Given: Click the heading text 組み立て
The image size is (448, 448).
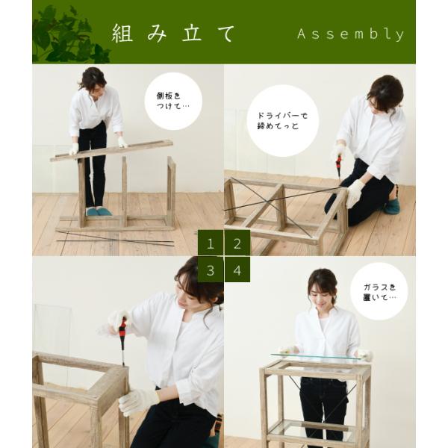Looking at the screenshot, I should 173,34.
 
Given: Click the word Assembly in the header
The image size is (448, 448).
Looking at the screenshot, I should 350,34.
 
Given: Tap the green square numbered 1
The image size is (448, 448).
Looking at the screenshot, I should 211,243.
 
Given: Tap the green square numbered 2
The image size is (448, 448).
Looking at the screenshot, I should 237,243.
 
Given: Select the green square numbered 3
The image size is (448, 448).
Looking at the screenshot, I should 211,270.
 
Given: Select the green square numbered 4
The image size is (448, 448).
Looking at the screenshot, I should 237,270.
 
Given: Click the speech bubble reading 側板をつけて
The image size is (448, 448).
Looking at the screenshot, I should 173,101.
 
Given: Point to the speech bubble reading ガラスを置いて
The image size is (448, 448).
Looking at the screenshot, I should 379,291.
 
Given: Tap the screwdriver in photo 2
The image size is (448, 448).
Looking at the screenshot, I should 338,165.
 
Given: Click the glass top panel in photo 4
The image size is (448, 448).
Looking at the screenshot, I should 317,358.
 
